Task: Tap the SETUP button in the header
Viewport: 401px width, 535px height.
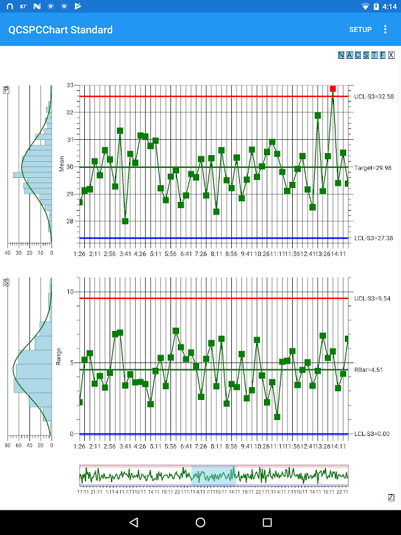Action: click(x=360, y=30)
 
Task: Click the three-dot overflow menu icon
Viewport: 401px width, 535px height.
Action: click(x=385, y=29)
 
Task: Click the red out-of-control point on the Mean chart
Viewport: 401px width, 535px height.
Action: click(x=333, y=89)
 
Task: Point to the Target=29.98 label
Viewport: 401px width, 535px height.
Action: click(x=374, y=168)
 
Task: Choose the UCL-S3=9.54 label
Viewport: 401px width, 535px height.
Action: click(x=371, y=298)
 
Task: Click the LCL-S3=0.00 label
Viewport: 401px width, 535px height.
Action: click(x=371, y=435)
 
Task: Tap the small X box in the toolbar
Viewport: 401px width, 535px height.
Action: click(x=392, y=56)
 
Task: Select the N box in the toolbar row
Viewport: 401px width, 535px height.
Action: click(x=342, y=56)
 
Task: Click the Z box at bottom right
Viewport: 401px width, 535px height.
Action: click(x=391, y=498)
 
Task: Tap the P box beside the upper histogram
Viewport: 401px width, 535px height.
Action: click(x=6, y=90)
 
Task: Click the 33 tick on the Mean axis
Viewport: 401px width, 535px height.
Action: click(x=70, y=86)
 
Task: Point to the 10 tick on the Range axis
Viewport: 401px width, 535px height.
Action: click(x=70, y=292)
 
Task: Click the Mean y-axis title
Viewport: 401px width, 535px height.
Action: click(x=61, y=165)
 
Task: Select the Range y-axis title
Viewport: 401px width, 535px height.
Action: click(x=60, y=356)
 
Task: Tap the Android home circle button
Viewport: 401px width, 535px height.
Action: click(x=200, y=522)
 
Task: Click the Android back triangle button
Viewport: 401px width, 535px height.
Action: click(x=134, y=522)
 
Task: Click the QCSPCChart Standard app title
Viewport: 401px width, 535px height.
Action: click(x=60, y=30)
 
